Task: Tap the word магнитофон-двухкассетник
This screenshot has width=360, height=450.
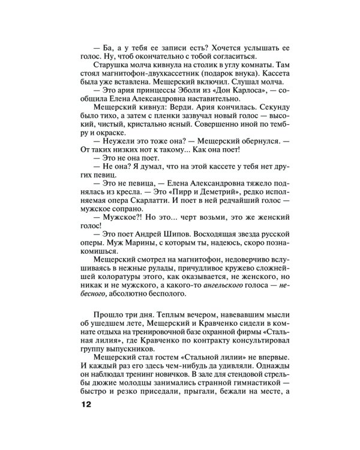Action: coord(137,76)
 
